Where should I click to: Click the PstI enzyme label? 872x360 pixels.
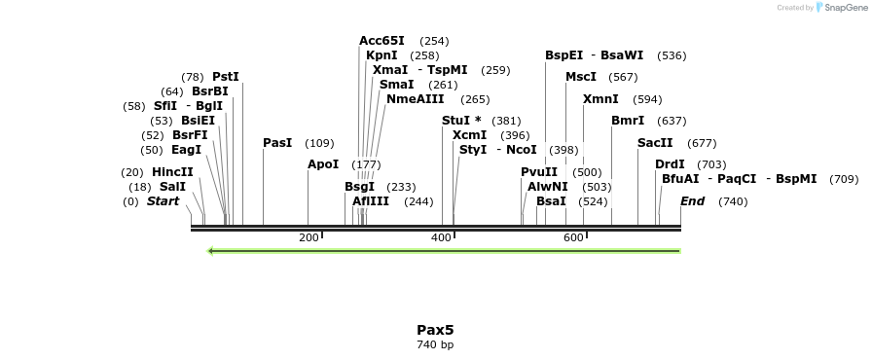[x=226, y=77]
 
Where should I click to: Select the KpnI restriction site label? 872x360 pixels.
[x=381, y=55]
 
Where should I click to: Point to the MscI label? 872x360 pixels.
[x=581, y=77]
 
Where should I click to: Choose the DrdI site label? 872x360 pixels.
[x=670, y=164]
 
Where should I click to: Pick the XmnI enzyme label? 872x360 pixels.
[x=600, y=99]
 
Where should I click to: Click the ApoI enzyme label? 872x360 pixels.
[x=323, y=164]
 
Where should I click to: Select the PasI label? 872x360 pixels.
[x=277, y=143]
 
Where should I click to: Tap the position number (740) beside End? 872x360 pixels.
[x=733, y=201]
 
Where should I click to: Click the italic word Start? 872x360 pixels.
[x=163, y=201]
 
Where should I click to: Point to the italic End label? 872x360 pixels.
[x=692, y=201]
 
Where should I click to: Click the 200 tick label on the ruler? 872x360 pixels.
[x=309, y=237]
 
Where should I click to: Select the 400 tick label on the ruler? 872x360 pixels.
[x=441, y=237]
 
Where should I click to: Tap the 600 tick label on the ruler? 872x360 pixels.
[x=573, y=237]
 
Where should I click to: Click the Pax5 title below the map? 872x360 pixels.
[x=435, y=329]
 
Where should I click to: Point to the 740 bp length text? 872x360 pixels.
[x=435, y=344]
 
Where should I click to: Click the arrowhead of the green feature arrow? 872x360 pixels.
[x=212, y=251]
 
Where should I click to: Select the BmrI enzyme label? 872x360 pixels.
[x=628, y=121]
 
